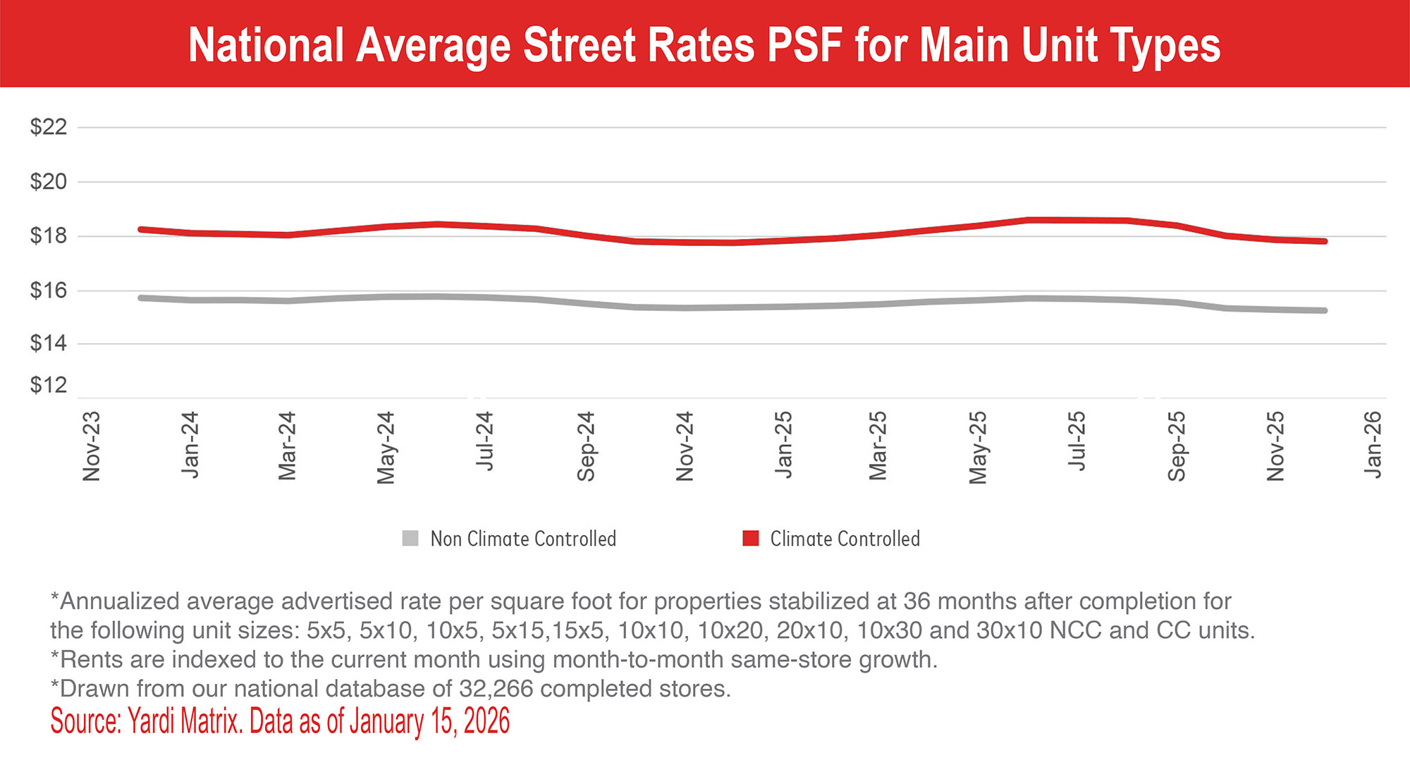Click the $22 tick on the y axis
point(48,128)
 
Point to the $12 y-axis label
point(48,385)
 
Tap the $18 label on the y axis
point(48,235)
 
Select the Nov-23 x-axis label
point(92,446)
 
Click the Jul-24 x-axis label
point(485,441)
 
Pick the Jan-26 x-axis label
point(1373,444)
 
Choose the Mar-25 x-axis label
point(878,446)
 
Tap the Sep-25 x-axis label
point(1176,446)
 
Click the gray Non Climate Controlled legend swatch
point(410,539)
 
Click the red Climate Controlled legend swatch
point(751,539)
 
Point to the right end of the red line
point(1325,241)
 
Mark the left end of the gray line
point(141,298)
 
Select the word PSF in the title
point(804,45)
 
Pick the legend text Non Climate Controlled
point(523,539)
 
